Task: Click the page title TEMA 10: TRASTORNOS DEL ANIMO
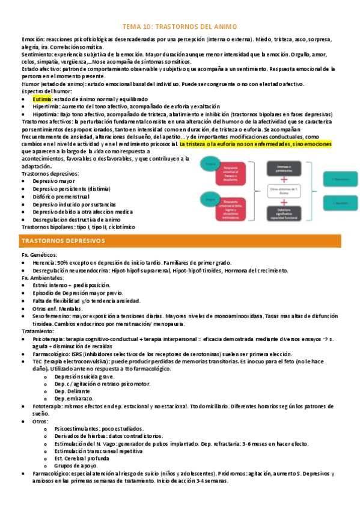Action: (180, 27)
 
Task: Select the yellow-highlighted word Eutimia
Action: (42, 98)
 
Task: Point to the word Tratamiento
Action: (38, 331)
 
